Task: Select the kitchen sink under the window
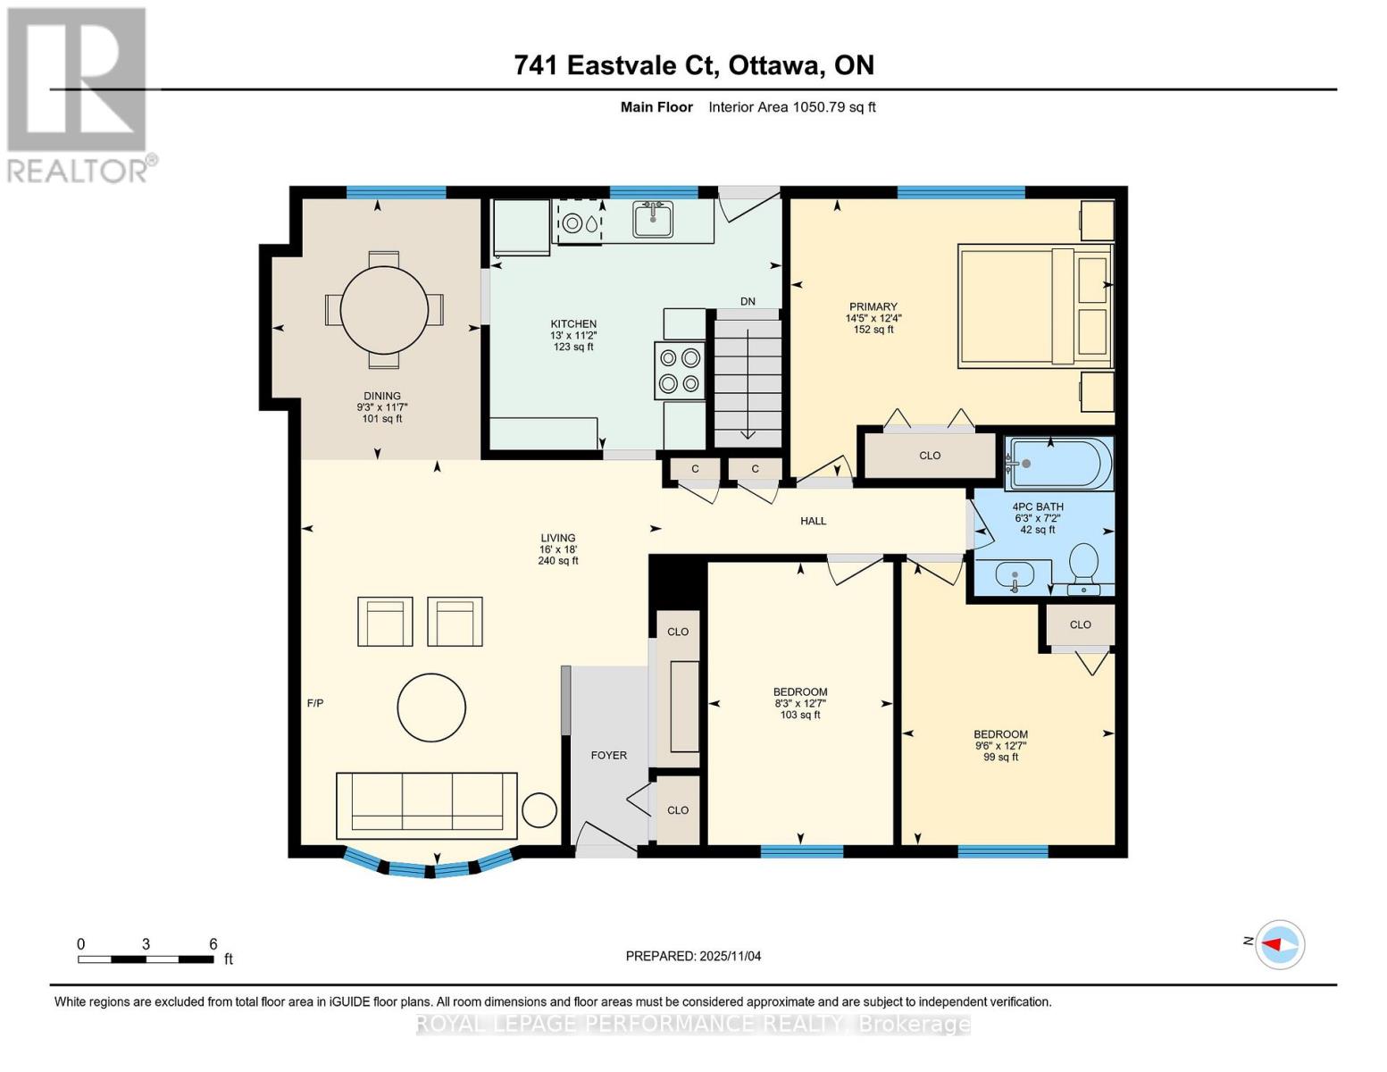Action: coord(653,218)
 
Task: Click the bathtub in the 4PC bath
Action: coord(1059,464)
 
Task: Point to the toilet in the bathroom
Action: coord(1083,565)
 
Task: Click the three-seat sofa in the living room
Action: coord(426,805)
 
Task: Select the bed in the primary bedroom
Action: coord(1034,306)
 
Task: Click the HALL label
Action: coord(813,521)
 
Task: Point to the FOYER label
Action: coord(609,756)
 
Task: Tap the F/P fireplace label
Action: coord(315,704)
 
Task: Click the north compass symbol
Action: coord(1280,944)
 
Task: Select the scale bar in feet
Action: coord(146,959)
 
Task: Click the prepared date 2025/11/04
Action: coord(693,956)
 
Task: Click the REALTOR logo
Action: coord(79,94)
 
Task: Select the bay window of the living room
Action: coord(430,865)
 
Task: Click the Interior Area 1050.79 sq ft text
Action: coord(792,107)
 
